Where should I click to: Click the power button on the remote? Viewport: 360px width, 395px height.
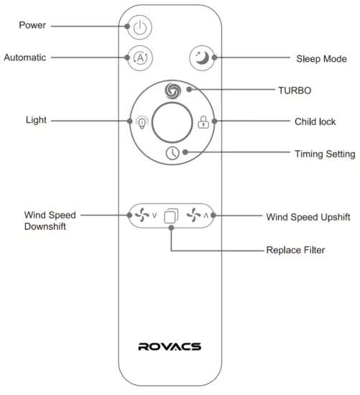tap(140, 28)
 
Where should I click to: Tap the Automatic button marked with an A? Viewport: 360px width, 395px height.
tap(139, 57)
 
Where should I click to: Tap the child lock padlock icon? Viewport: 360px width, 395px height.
tap(203, 122)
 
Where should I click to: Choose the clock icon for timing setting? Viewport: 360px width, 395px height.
tap(171, 152)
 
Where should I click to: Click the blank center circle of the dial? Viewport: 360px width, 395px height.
tap(171, 121)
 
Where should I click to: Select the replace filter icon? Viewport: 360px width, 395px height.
tap(170, 215)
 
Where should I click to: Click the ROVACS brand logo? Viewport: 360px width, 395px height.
tap(170, 346)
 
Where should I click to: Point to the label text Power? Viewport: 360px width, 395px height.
tap(33, 25)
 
